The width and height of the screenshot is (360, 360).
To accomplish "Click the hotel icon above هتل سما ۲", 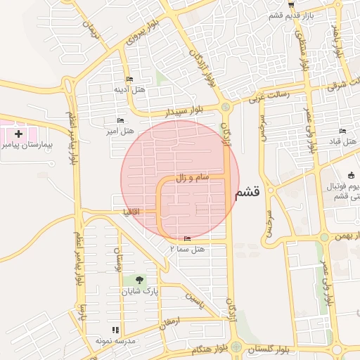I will click(x=186, y=239).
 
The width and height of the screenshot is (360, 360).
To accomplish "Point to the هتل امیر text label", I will click(x=120, y=131).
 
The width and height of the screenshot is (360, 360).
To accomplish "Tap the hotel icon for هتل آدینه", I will click(x=129, y=79).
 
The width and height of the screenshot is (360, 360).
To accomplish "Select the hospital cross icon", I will click(x=18, y=133).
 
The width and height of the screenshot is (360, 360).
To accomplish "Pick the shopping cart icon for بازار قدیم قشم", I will click(x=290, y=5).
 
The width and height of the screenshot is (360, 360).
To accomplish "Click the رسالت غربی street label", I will click(x=264, y=98).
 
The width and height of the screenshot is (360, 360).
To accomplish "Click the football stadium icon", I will click(x=351, y=175).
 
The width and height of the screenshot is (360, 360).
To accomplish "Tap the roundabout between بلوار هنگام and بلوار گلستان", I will click(x=236, y=347).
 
